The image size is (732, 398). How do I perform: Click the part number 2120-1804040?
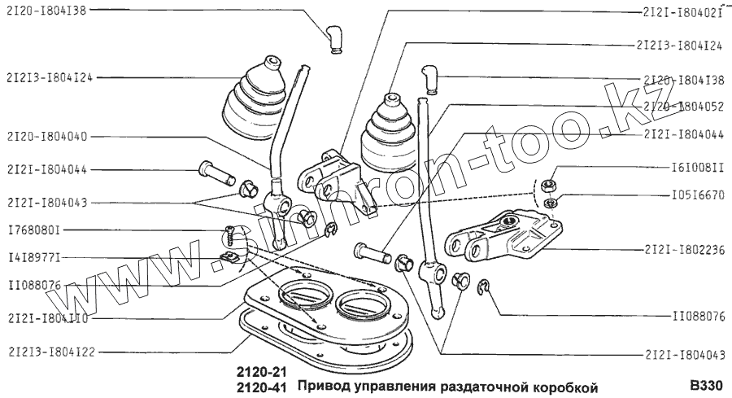tap(47, 137)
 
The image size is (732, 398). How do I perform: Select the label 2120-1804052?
tap(683, 107)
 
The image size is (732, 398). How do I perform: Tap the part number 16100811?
tap(698, 167)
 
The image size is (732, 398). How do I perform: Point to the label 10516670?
tap(698, 195)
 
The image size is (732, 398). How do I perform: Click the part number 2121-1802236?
tap(684, 250)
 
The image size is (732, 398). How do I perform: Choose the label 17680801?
tap(34, 230)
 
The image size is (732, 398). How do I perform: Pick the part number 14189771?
tap(34, 257)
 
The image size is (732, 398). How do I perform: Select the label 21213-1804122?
tap(51, 352)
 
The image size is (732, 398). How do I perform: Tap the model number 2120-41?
tap(261, 387)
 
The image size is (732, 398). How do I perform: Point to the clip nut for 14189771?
tap(229, 256)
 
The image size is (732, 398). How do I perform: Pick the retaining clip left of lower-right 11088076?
tap(483, 287)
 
